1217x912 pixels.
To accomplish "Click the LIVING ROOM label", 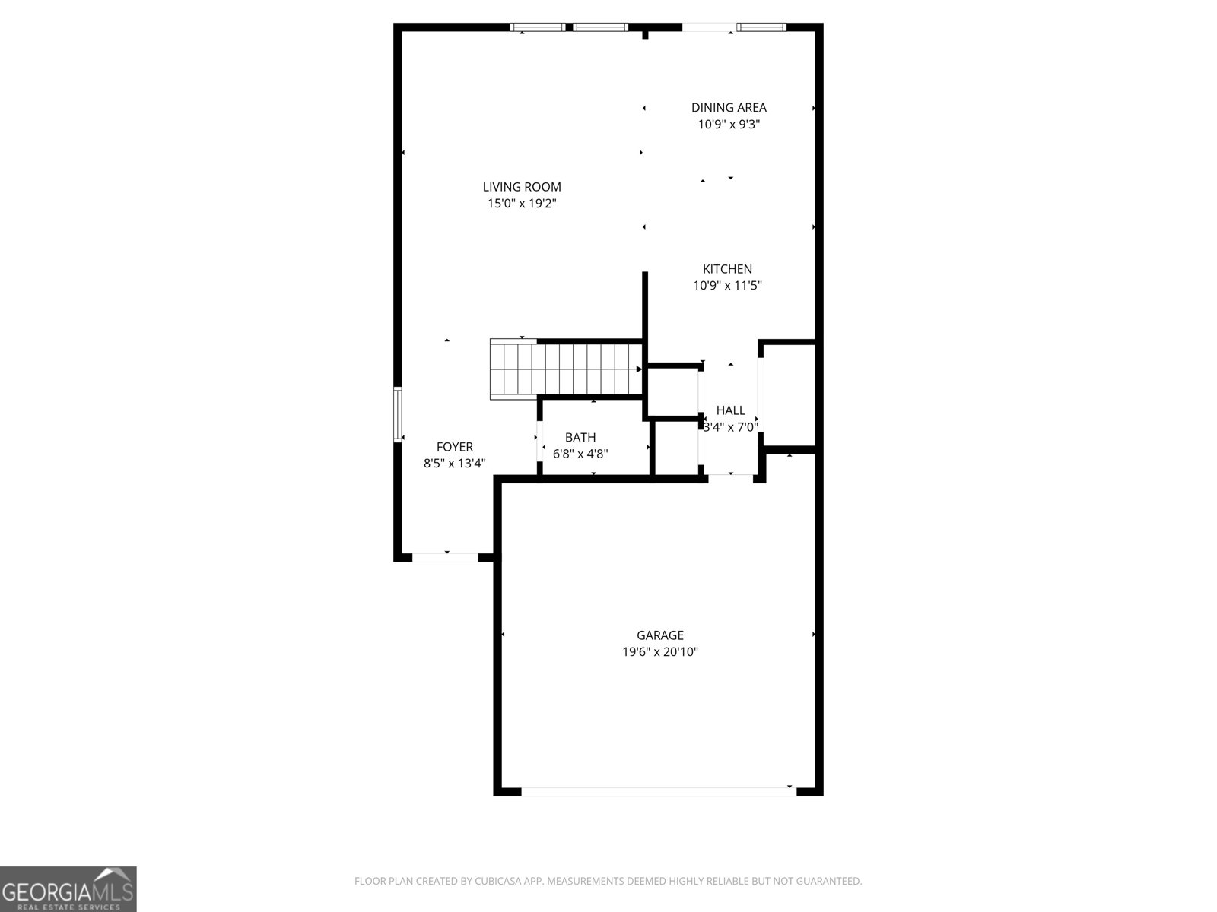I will (x=522, y=187).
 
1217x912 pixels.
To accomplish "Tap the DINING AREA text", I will (x=729, y=108).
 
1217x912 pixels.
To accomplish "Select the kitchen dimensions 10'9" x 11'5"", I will (x=727, y=286).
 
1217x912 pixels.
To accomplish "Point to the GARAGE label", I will (x=660, y=635).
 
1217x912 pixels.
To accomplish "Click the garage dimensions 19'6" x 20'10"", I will (x=660, y=652).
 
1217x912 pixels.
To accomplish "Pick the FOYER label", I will (x=455, y=447).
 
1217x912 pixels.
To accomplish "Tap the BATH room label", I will (x=580, y=438).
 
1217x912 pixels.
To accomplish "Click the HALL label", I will (x=730, y=410).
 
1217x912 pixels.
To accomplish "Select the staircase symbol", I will (x=567, y=369).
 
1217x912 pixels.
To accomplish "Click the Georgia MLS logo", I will (x=68, y=889).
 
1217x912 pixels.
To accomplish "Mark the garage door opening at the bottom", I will (x=659, y=791).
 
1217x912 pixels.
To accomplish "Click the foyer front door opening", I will (x=445, y=557).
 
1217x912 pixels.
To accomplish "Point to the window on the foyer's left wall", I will (x=397, y=414).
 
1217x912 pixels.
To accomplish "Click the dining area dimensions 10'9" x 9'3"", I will (x=729, y=125).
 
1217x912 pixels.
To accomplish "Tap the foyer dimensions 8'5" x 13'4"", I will (x=455, y=464).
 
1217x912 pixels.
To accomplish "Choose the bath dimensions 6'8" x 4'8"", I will (x=580, y=454).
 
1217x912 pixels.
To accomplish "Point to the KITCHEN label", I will (x=727, y=269).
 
